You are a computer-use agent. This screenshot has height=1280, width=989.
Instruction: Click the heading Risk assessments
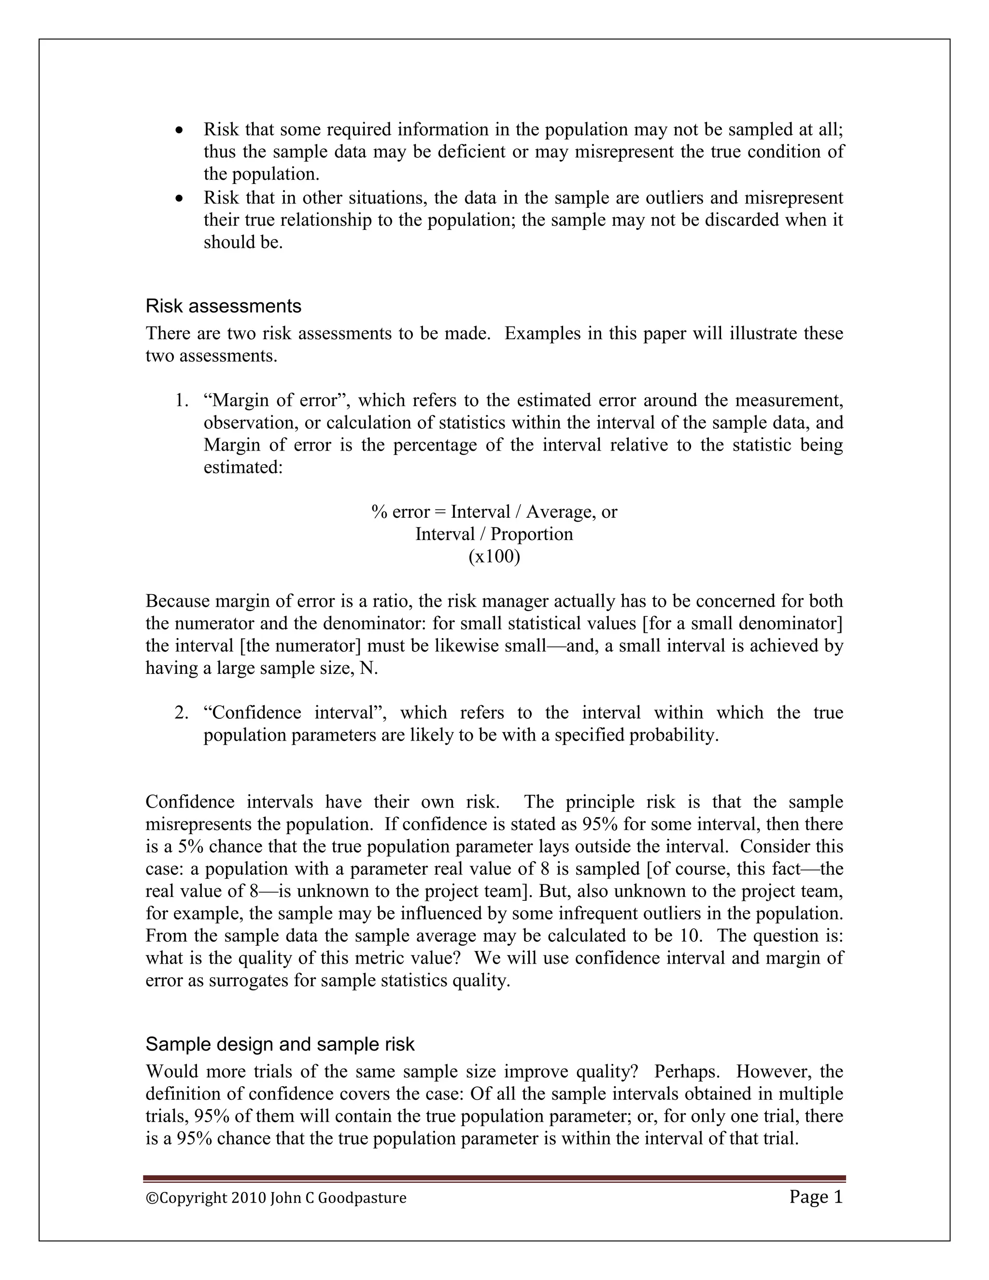click(223, 306)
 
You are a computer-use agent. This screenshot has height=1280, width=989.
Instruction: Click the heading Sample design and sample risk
click(280, 1044)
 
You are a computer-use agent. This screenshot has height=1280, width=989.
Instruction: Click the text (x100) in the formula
click(494, 556)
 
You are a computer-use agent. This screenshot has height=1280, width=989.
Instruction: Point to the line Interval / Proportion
click(494, 534)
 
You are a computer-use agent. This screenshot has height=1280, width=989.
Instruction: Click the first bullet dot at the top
click(180, 129)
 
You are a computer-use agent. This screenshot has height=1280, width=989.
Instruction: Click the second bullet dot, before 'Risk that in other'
click(180, 199)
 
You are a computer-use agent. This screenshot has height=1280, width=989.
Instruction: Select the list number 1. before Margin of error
click(181, 400)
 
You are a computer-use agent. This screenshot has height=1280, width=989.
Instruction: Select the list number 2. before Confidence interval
click(181, 712)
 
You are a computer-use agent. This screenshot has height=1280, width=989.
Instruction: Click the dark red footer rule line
click(494, 1178)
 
